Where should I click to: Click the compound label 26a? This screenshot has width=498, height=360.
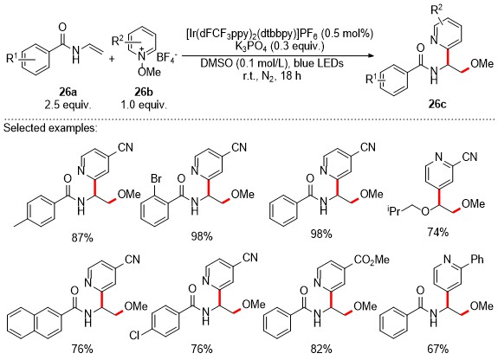[68, 92]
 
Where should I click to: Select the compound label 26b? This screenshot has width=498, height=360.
[144, 92]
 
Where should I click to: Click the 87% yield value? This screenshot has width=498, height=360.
[82, 237]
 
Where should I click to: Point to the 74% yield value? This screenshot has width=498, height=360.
[437, 232]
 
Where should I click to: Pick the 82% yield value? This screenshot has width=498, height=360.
[321, 349]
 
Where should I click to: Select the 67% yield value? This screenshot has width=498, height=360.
[437, 349]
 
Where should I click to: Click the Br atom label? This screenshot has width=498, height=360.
[156, 179]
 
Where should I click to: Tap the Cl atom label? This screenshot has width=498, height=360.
[134, 335]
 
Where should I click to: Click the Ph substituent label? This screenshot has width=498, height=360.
[477, 259]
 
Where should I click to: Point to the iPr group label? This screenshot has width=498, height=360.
[395, 211]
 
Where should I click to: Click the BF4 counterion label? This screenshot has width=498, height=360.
[168, 58]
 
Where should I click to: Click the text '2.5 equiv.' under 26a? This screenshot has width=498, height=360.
[68, 105]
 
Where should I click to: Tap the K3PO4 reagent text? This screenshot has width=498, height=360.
[279, 47]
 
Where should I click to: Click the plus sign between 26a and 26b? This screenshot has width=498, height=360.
[112, 59]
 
